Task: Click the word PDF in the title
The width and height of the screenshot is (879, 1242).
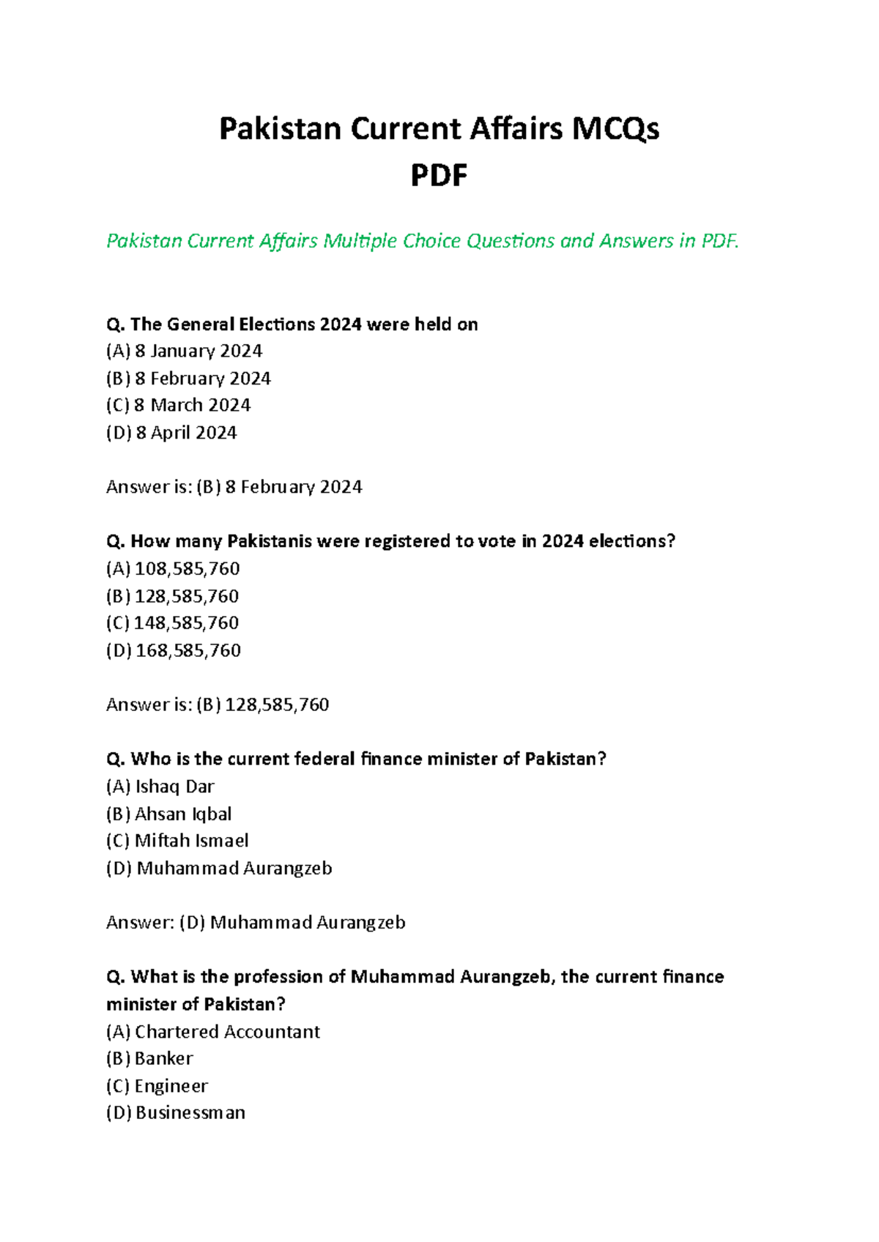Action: tap(439, 176)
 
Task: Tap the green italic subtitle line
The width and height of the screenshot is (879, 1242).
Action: tap(423, 241)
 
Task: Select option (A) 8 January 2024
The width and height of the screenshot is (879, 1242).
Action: tap(184, 352)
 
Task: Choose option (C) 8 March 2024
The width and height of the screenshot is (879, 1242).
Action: tap(178, 406)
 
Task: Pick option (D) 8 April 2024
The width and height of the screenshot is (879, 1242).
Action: tap(171, 433)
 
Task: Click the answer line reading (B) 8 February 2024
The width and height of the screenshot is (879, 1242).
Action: tap(234, 487)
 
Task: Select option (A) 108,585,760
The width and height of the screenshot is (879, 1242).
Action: tap(173, 569)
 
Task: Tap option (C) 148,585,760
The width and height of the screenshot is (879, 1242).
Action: tap(173, 623)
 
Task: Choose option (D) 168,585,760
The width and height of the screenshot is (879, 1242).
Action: tap(174, 650)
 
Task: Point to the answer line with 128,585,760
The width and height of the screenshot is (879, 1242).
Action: tap(218, 704)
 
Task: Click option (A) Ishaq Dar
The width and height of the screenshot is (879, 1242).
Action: tap(160, 787)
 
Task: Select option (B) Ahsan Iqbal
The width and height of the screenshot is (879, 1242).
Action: tap(169, 814)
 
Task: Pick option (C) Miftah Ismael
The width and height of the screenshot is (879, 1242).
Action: tap(177, 841)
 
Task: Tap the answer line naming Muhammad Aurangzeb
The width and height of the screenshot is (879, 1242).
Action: tap(256, 922)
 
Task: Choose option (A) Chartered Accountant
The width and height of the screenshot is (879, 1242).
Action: tap(213, 1032)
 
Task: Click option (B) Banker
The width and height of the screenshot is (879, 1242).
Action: tap(149, 1059)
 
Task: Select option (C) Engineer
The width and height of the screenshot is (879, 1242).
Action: tap(157, 1086)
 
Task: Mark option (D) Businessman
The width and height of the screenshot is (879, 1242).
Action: tap(176, 1113)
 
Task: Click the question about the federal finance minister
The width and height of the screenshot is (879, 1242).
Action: tap(357, 759)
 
